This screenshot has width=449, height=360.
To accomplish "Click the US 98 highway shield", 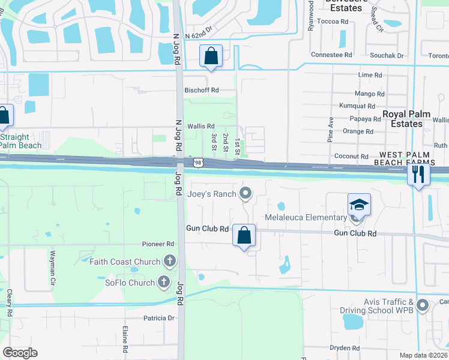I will tap(198, 163).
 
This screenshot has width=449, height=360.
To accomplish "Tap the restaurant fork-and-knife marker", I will tap(418, 175).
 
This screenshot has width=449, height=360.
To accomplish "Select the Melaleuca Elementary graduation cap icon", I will tap(359, 205).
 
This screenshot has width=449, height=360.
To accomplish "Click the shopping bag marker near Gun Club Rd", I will tap(244, 236).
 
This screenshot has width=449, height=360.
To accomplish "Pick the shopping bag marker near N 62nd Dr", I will tap(211, 56).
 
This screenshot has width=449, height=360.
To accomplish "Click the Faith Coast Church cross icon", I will tap(170, 261).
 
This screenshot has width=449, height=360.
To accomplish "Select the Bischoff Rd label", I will tap(202, 90).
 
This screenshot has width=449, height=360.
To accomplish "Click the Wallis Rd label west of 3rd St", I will tap(200, 126).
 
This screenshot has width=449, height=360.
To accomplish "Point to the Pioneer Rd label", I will tap(158, 244).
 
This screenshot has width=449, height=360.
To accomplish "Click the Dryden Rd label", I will tap(345, 348).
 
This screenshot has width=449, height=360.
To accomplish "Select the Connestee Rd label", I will tap(331, 55).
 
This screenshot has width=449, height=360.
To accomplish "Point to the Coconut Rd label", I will tap(351, 156).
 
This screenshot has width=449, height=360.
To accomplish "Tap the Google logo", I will tap(20, 353).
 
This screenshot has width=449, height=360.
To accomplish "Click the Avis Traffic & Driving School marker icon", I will tap(422, 305).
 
